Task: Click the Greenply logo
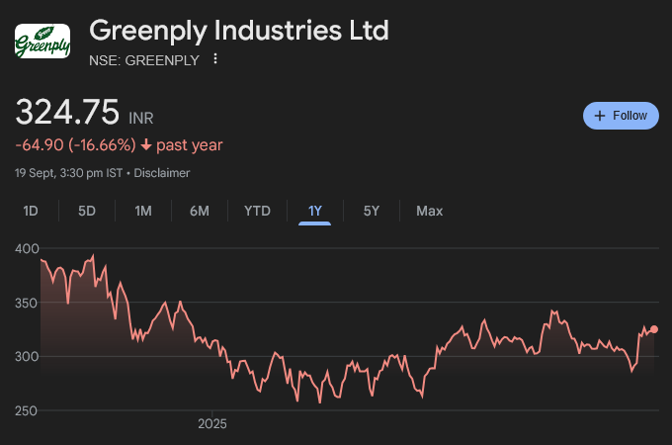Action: (x=42, y=42)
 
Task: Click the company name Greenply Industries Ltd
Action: (x=239, y=30)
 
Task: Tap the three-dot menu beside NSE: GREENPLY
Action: (x=215, y=59)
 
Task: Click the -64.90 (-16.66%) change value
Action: (x=75, y=145)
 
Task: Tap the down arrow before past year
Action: (x=146, y=145)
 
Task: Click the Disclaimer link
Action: (x=162, y=173)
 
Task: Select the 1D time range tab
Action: (x=31, y=211)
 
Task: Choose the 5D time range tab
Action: (x=87, y=211)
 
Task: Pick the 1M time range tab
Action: (x=143, y=211)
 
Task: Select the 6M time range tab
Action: (x=200, y=211)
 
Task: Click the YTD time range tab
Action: (x=257, y=211)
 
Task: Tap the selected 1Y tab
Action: (x=315, y=211)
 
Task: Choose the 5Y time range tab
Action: (x=372, y=211)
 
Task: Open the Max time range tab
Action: (x=430, y=211)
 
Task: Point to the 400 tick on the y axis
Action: (x=27, y=248)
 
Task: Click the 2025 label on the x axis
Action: (x=212, y=424)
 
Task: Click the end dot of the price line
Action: (x=654, y=329)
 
